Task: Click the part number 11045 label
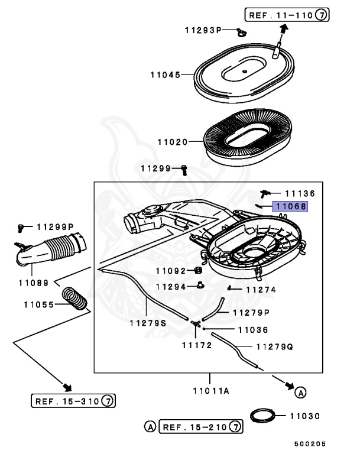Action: click(165, 75)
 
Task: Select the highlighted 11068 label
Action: click(289, 207)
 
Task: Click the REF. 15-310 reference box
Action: click(73, 401)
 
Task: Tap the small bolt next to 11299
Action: click(184, 169)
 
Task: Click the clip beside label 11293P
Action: click(240, 31)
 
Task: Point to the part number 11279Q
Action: click(274, 347)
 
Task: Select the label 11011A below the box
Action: click(210, 391)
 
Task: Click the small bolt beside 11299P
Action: click(22, 227)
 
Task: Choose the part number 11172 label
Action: click(196, 345)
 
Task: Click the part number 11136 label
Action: click(300, 193)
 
